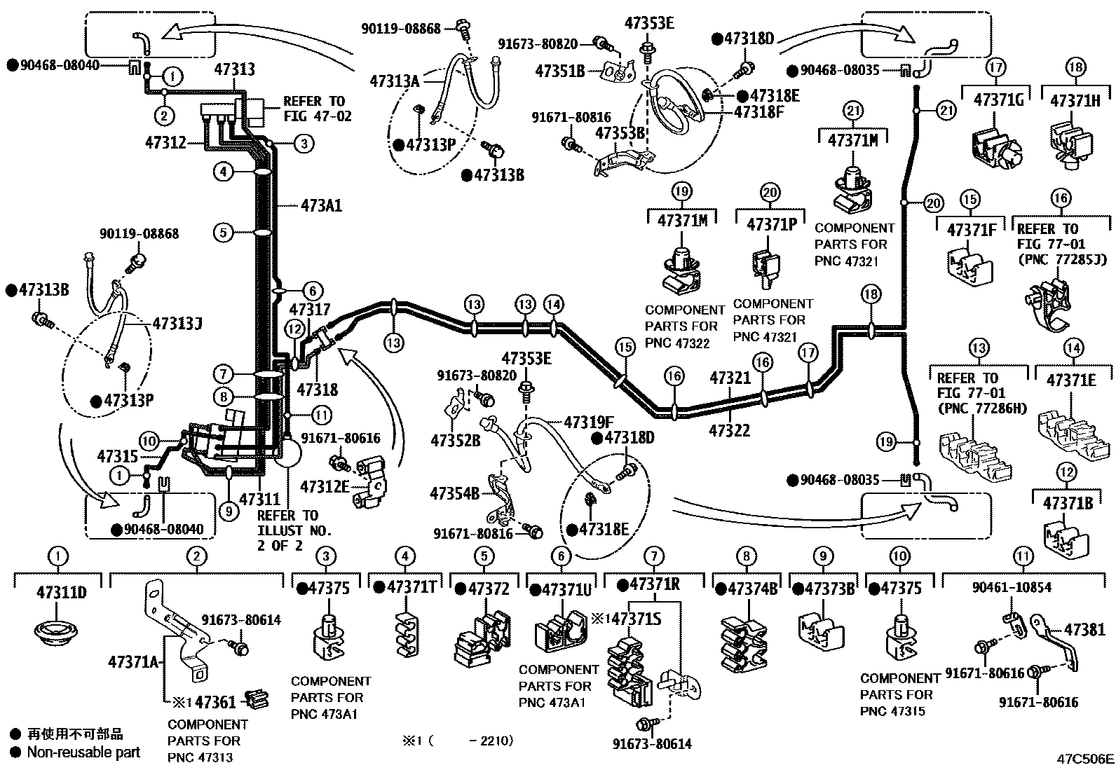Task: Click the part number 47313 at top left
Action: (x=234, y=69)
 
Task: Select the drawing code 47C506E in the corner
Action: (x=1085, y=759)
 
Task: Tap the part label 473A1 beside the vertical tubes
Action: (x=321, y=206)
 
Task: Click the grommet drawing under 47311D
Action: (x=60, y=631)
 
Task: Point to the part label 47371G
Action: (x=998, y=100)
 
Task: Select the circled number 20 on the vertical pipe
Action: (x=932, y=202)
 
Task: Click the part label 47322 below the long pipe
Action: (x=729, y=429)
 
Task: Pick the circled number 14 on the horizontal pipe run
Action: (x=553, y=304)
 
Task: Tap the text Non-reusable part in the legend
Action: (x=83, y=752)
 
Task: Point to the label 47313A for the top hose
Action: (x=394, y=81)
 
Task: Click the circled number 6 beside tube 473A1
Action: (x=313, y=291)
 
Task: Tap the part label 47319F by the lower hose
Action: (x=588, y=422)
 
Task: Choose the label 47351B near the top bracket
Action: (x=560, y=70)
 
